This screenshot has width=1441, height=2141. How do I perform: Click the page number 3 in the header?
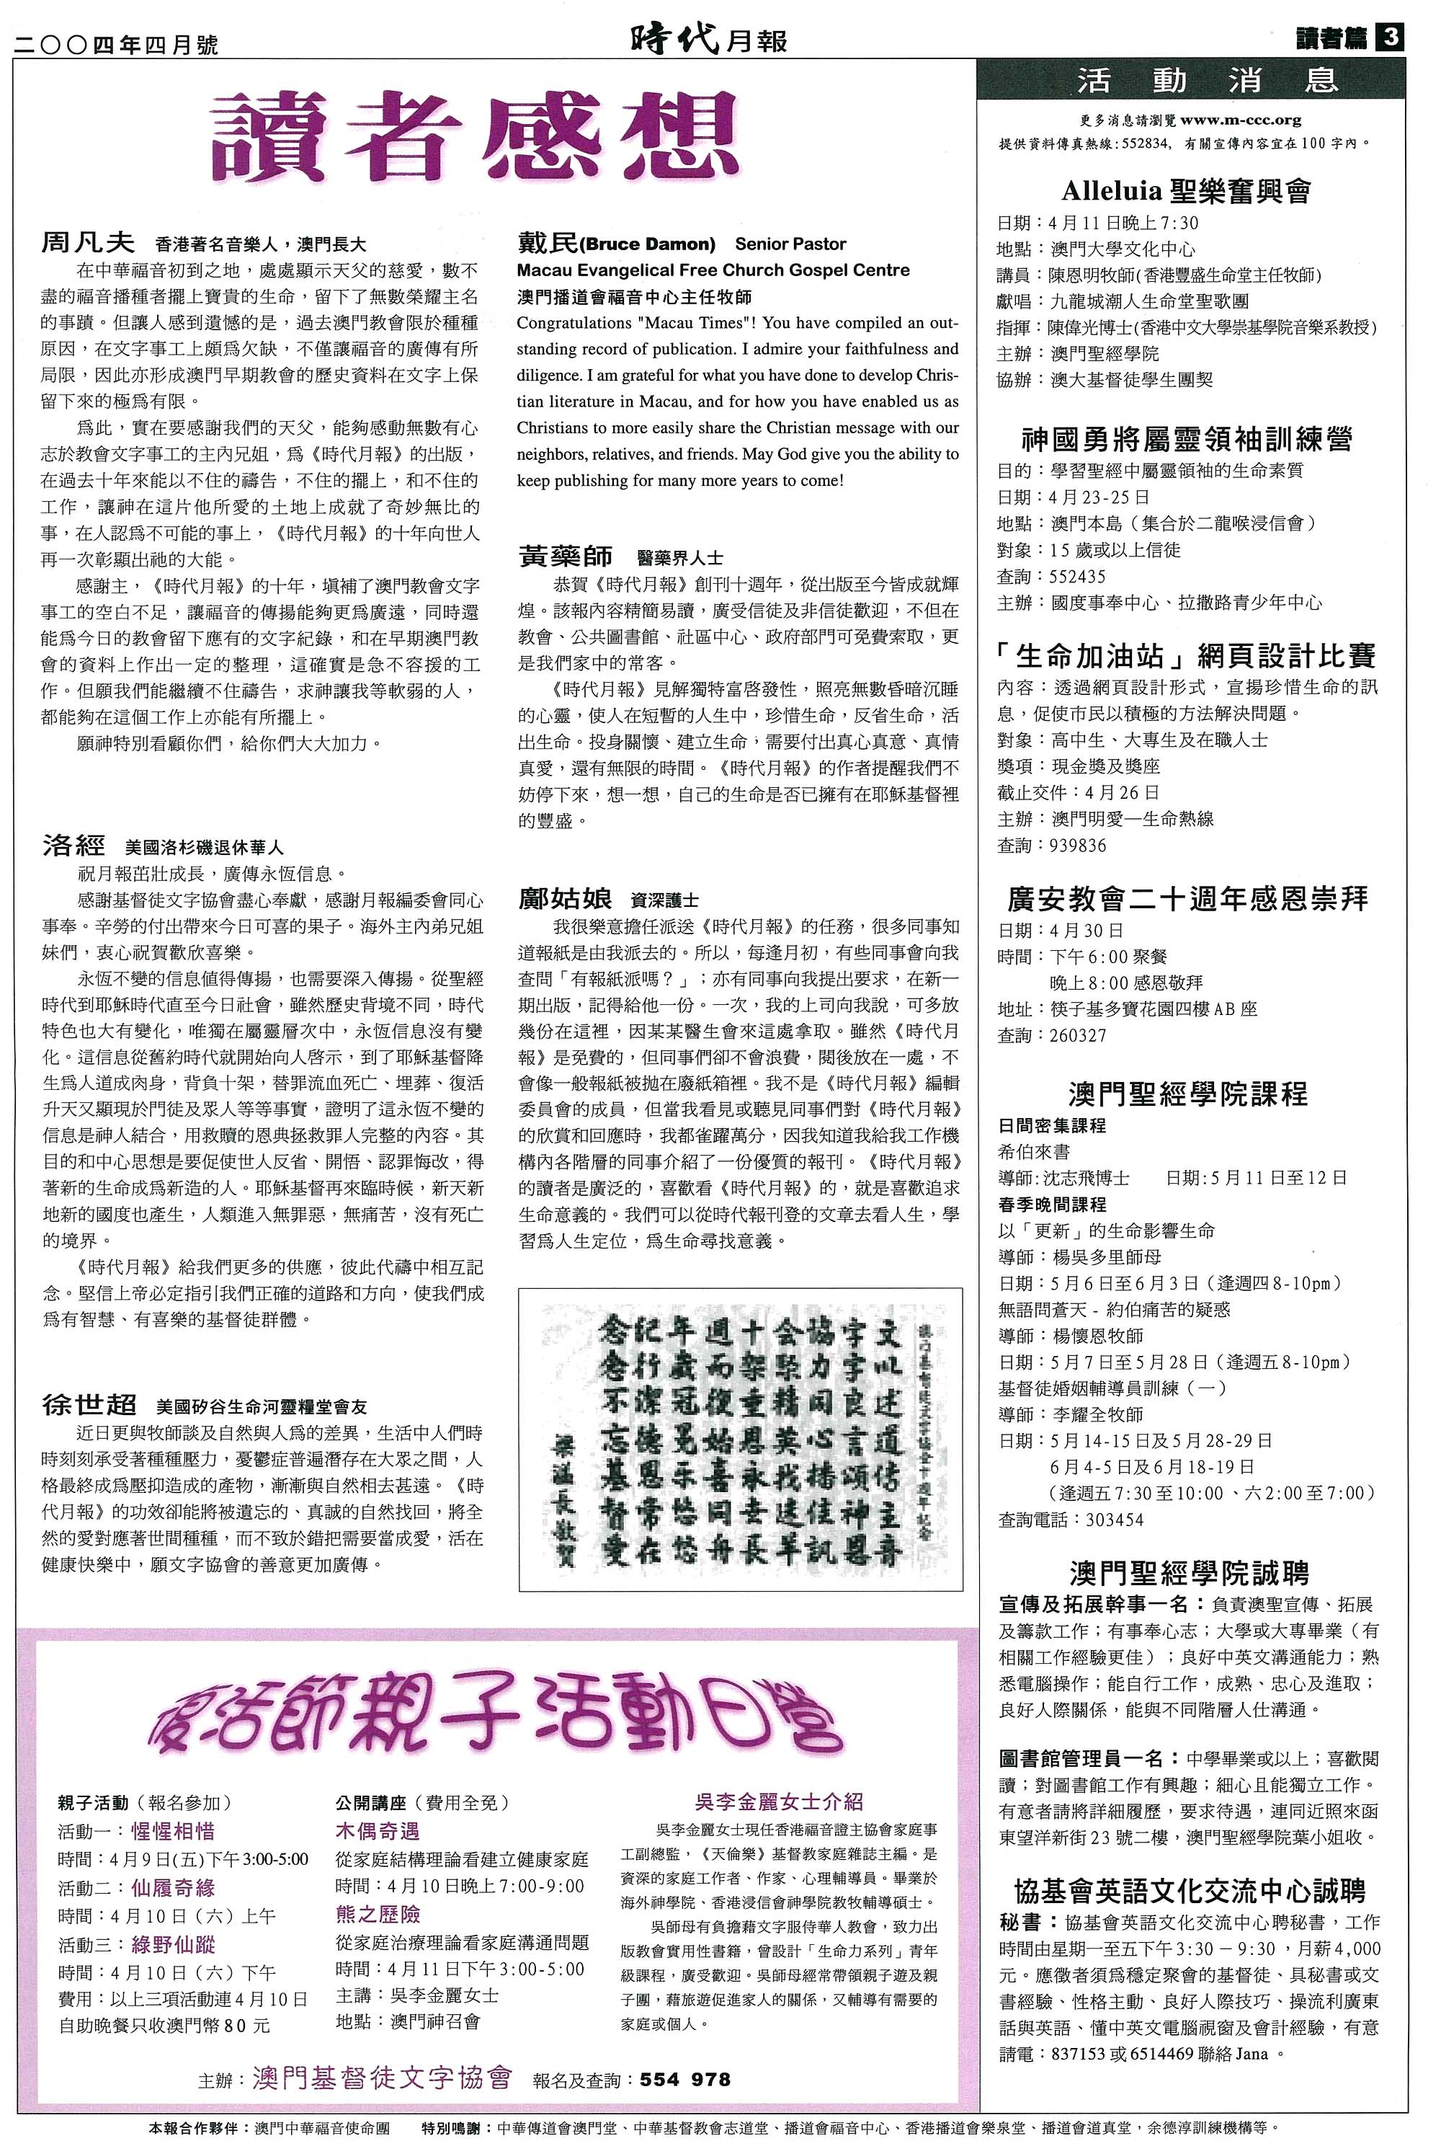click(x=1390, y=37)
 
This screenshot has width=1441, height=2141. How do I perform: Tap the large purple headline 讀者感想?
click(x=475, y=138)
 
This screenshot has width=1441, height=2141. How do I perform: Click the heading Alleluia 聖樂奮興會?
click(x=1185, y=191)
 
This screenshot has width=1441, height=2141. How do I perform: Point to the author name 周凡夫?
click(x=88, y=243)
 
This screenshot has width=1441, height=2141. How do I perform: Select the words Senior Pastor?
click(x=790, y=244)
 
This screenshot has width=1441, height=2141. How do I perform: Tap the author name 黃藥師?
click(x=565, y=557)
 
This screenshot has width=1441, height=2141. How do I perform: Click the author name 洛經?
click(x=73, y=846)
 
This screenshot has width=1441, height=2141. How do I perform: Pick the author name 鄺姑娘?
click(x=565, y=899)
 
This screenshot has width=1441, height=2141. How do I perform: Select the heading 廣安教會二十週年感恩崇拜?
click(x=1187, y=898)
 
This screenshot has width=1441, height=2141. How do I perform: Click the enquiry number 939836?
click(x=1077, y=846)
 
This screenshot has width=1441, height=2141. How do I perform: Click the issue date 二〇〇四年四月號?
click(x=116, y=44)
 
